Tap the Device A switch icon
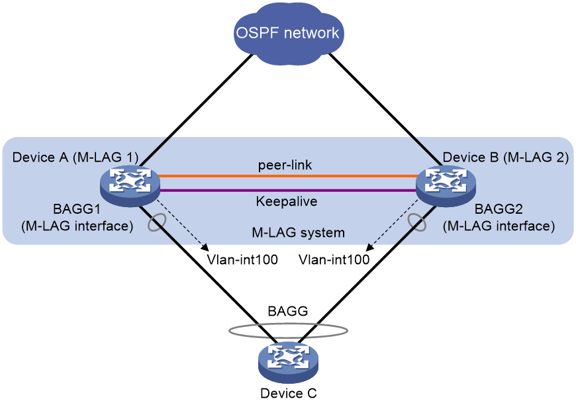tap(130, 186)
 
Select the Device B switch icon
tap(446, 186)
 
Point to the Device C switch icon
tap(289, 363)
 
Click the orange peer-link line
tap(288, 176)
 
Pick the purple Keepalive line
tap(288, 190)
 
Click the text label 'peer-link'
tap(285, 165)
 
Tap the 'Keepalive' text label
tap(287, 201)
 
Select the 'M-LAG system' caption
tap(299, 232)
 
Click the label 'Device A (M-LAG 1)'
tap(75, 157)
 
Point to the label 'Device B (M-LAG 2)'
tap(505, 157)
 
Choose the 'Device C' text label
tap(289, 393)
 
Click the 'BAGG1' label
tap(77, 209)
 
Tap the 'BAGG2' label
tap(499, 209)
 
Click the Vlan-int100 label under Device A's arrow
tap(242, 259)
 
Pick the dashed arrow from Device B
tap(393, 226)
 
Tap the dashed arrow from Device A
tap(183, 226)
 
